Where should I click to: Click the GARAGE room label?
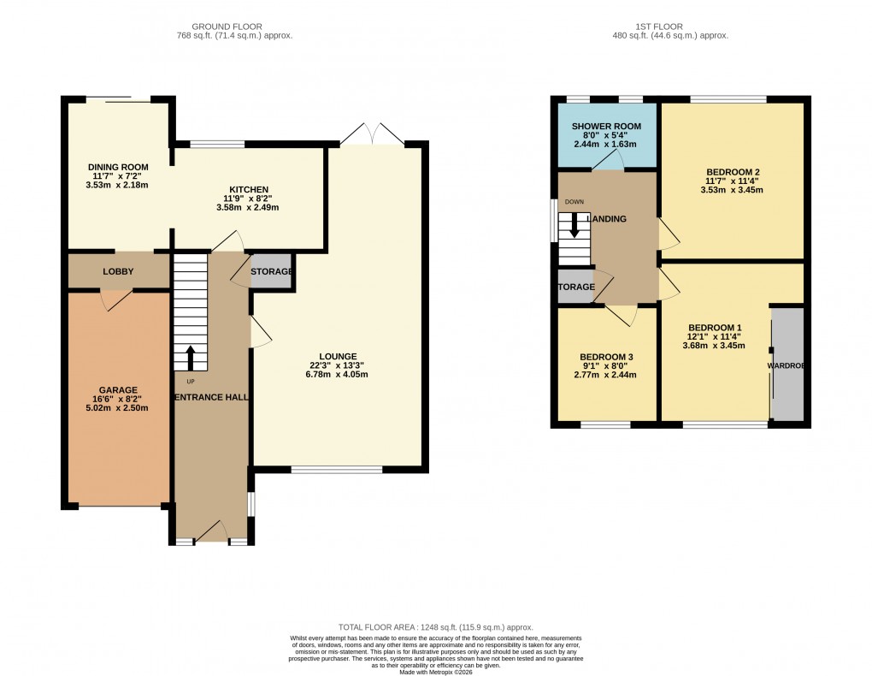[117, 389]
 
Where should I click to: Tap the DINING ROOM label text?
[118, 167]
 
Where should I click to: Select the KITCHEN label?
[249, 189]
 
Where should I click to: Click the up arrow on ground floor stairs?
[191, 357]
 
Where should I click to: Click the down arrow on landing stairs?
[574, 227]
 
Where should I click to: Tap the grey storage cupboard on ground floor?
[271, 271]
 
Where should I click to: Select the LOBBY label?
[118, 270]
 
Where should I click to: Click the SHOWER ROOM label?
[606, 127]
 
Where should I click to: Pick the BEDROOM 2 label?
[733, 172]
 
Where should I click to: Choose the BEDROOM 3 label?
[606, 357]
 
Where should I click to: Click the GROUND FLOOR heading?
[227, 27]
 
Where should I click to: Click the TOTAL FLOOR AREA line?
[435, 627]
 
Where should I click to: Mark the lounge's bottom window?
[336, 469]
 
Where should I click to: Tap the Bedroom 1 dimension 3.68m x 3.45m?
[715, 346]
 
